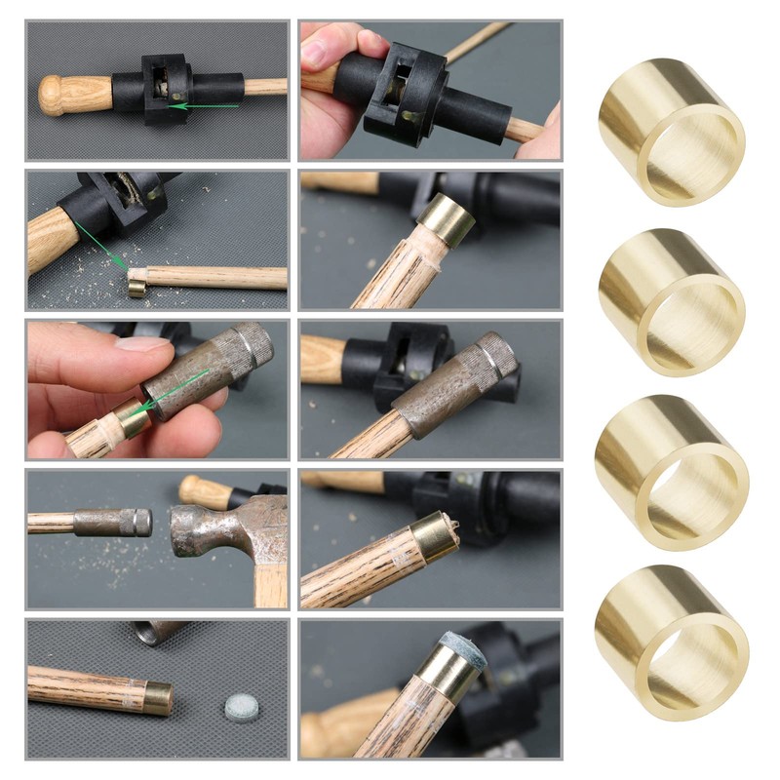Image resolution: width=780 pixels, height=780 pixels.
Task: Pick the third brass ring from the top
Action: pyautogui.click(x=673, y=472)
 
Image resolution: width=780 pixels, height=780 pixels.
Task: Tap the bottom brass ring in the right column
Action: pyautogui.click(x=673, y=638)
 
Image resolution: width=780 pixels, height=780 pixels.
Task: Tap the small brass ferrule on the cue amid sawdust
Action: pyautogui.click(x=137, y=283)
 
